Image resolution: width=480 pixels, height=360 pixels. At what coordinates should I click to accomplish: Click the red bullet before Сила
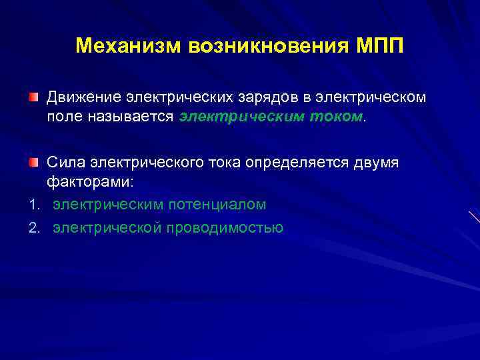tap(33, 162)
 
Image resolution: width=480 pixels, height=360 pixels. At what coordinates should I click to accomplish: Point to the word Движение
tap(83, 98)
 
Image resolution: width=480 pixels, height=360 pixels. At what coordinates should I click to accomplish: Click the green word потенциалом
tap(214, 204)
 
